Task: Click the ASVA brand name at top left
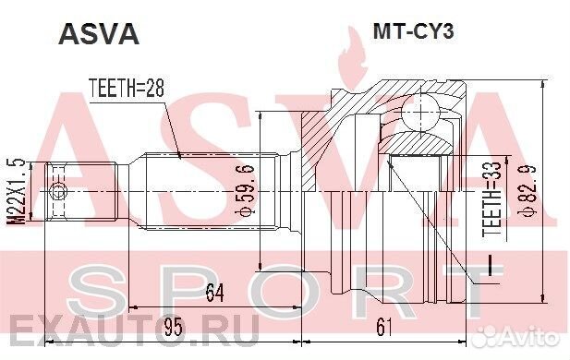pyautogui.click(x=99, y=34)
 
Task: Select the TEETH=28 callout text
pyautogui.click(x=126, y=90)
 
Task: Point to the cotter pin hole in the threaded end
pyautogui.click(x=60, y=193)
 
